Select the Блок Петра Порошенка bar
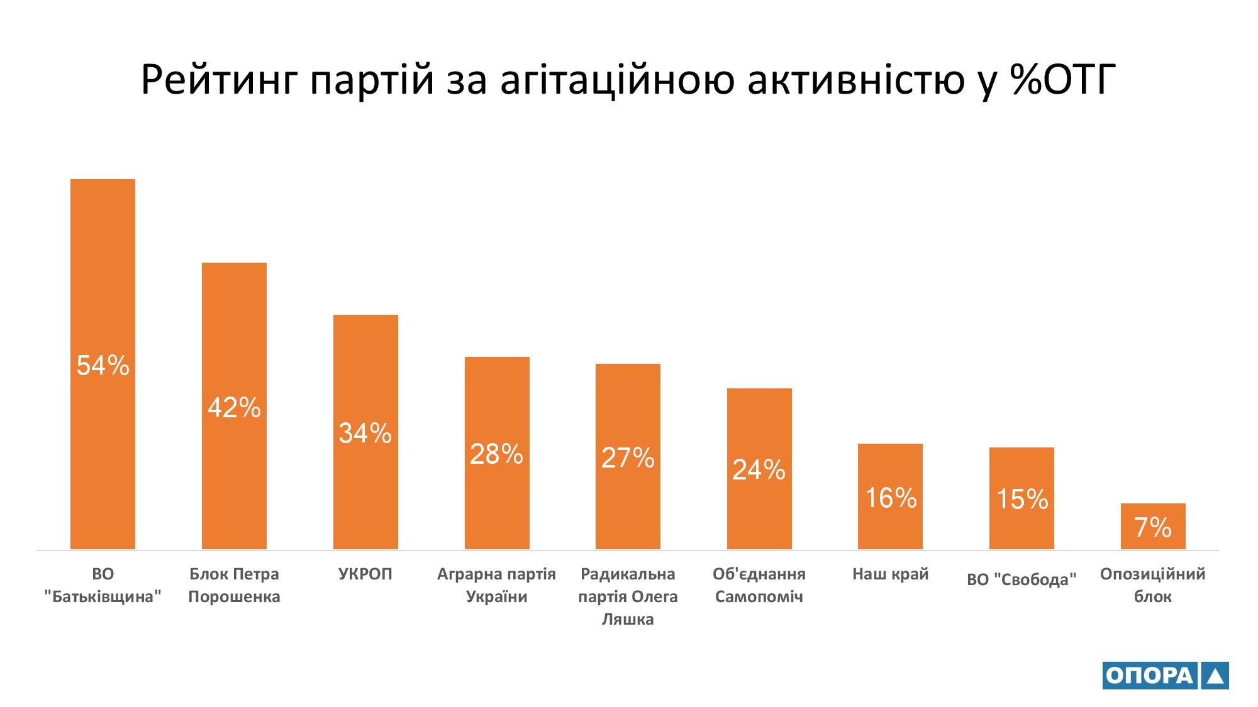pyautogui.click(x=234, y=327)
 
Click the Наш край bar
pyautogui.click(x=890, y=465)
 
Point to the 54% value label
pyautogui.click(x=103, y=365)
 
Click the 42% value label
pyautogui.click(x=234, y=408)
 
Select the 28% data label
pyautogui.click(x=496, y=454)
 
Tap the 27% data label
pyautogui.click(x=628, y=458)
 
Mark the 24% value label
pyautogui.click(x=759, y=469)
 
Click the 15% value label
pyautogui.click(x=1022, y=500)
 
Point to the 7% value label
pyautogui.click(x=1153, y=528)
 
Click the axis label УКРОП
pyautogui.click(x=365, y=574)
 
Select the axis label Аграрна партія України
pyautogui.click(x=496, y=585)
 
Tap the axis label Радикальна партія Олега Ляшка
pyautogui.click(x=628, y=596)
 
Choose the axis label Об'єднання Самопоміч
pyautogui.click(x=759, y=585)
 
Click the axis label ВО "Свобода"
pyautogui.click(x=1021, y=579)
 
